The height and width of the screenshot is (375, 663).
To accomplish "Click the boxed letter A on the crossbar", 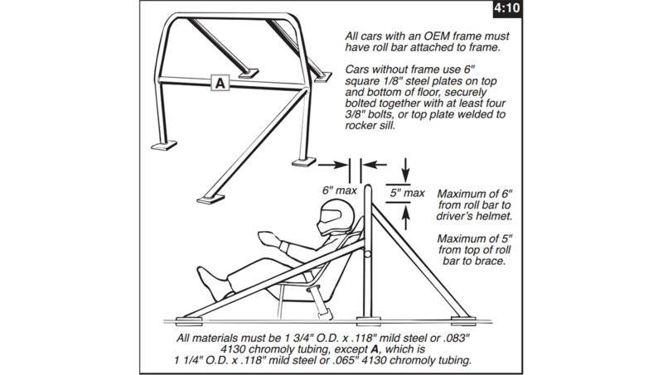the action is pyautogui.click(x=220, y=83).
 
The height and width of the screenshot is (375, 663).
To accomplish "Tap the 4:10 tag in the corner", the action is pyautogui.click(x=507, y=8).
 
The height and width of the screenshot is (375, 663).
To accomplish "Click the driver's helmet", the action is pyautogui.click(x=337, y=217).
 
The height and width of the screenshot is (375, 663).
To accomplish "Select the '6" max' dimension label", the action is pyautogui.click(x=340, y=190).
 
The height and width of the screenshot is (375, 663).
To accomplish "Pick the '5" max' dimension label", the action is pyautogui.click(x=407, y=193).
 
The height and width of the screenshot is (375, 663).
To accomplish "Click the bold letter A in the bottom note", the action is pyautogui.click(x=374, y=349).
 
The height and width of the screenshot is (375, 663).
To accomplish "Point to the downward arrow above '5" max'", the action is pyautogui.click(x=406, y=170).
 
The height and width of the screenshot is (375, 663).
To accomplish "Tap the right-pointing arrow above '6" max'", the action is pyautogui.click(x=333, y=165).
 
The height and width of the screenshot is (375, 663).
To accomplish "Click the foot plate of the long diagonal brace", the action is pyautogui.click(x=211, y=199).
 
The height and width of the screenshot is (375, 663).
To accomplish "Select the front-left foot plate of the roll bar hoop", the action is pyautogui.click(x=164, y=146).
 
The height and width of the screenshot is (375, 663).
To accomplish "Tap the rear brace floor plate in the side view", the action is pyautogui.click(x=463, y=321).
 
